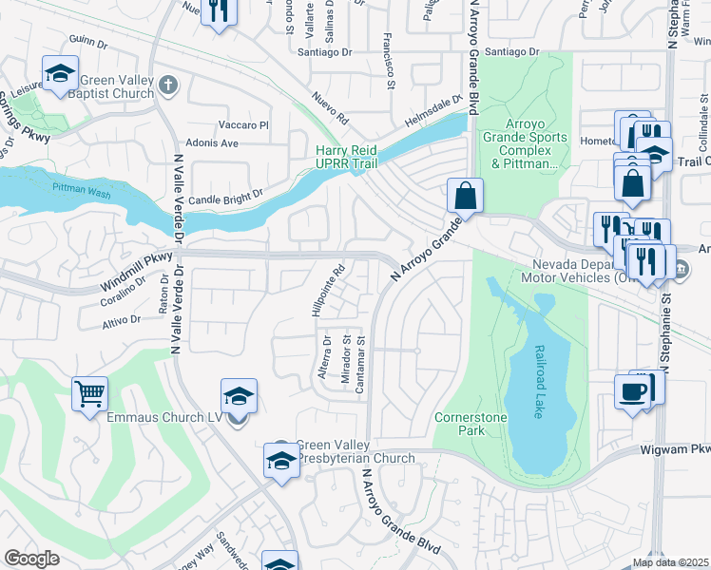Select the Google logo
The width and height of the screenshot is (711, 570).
(x=32, y=559)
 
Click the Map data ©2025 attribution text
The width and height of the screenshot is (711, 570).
(x=671, y=562)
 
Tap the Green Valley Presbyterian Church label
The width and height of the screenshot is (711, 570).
(x=355, y=451)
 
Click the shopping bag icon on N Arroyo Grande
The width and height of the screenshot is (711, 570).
(x=466, y=196)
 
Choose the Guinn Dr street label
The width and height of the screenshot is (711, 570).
(x=88, y=40)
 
